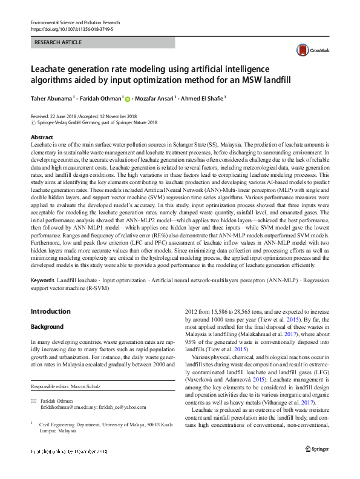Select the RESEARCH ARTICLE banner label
58,42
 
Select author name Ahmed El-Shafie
203,97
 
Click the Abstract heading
42,138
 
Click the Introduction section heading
50,312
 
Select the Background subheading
47,326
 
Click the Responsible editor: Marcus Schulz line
66,387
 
